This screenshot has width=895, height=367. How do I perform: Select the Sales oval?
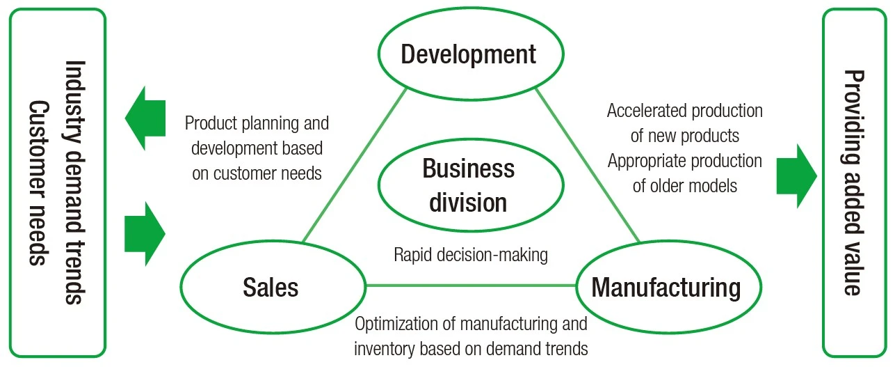271,287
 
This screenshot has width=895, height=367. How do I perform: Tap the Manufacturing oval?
666,287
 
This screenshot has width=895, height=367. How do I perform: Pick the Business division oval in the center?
468,186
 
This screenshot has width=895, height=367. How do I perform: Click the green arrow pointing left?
145,118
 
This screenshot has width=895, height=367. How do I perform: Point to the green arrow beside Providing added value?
796,176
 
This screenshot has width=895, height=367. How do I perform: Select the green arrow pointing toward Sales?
145,234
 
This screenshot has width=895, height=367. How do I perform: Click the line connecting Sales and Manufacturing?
470,285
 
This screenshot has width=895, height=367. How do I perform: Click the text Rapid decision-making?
471,255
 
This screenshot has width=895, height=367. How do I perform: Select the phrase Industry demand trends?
74,182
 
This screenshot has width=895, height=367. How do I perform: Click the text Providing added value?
853,182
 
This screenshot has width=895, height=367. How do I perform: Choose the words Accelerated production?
685,111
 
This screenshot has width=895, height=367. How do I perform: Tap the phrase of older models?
684,186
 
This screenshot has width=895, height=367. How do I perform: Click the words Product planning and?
257,124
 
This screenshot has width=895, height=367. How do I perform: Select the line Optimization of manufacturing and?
471,323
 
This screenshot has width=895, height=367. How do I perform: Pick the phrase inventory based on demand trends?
471,348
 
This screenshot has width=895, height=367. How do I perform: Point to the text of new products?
684,135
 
